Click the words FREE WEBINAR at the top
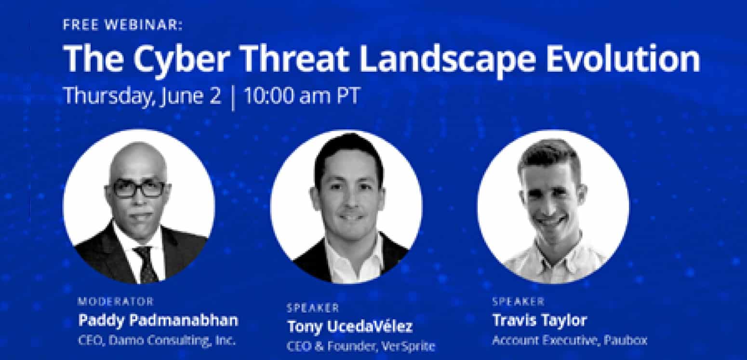[123, 26]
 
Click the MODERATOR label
[116, 301]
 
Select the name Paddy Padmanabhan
[159, 320]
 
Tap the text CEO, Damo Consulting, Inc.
[157, 340]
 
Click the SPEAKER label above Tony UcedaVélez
[313, 307]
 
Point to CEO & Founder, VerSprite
[361, 347]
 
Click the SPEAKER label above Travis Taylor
[518, 301]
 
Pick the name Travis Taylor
[540, 320]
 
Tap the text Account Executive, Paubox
[570, 340]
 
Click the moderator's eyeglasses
[139, 189]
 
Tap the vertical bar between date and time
[233, 97]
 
